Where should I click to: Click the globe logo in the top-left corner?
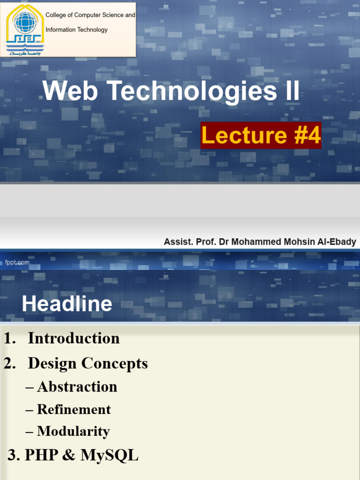(x=25, y=23)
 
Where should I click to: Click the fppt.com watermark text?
(x=17, y=262)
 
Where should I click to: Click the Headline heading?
(x=67, y=304)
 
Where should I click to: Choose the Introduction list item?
(x=74, y=338)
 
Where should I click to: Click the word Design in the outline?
(x=52, y=363)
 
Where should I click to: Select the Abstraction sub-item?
(x=77, y=387)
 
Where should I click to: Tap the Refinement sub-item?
(x=74, y=409)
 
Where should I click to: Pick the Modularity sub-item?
(x=73, y=431)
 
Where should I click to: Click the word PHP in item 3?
(x=39, y=455)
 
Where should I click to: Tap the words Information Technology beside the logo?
(x=76, y=30)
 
